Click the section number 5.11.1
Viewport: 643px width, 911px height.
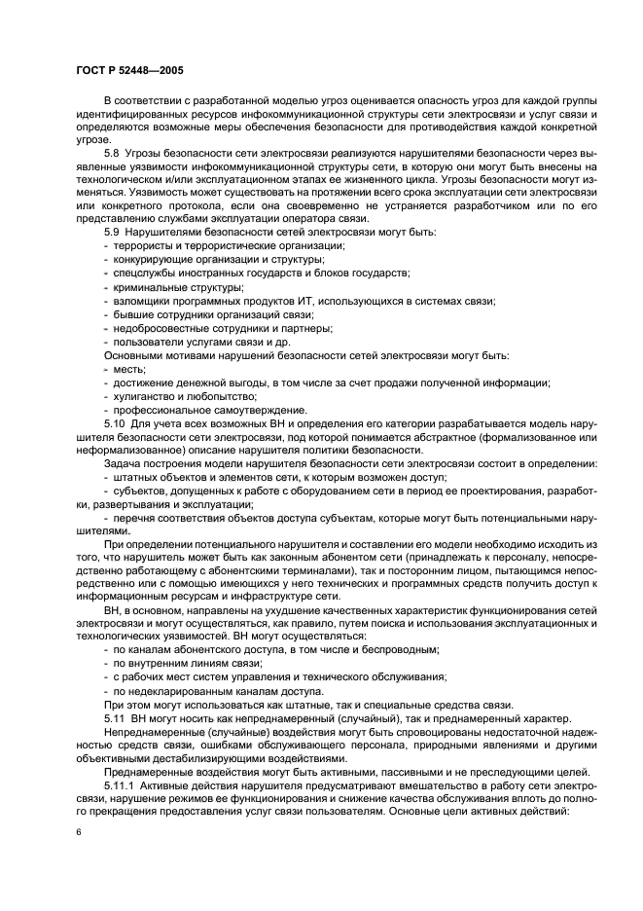121,784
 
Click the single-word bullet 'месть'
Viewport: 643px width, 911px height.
129,369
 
